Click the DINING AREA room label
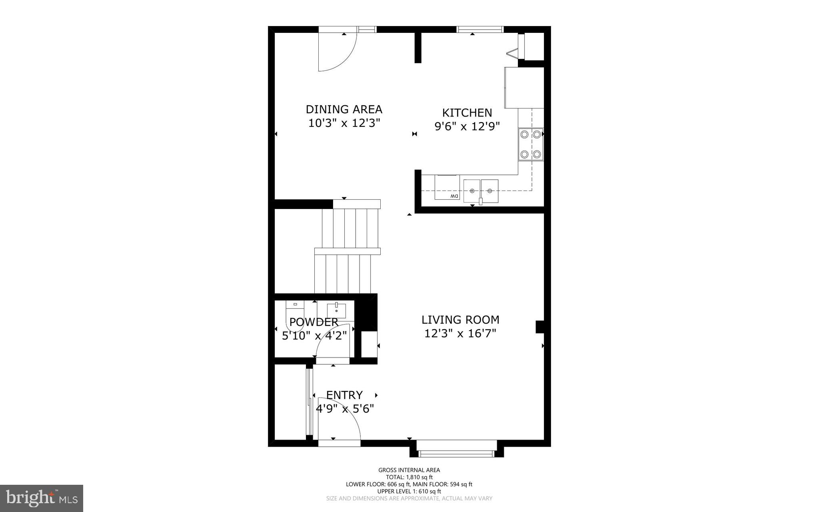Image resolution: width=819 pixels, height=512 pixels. click(x=344, y=109)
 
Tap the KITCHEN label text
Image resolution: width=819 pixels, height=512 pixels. click(x=467, y=113)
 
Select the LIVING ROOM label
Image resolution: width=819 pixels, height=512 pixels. click(x=460, y=320)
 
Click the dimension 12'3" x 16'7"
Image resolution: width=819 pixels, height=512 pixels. click(x=460, y=333)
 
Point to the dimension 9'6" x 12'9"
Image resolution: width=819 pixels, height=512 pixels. click(x=467, y=127)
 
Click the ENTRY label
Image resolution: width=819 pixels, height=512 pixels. click(x=344, y=395)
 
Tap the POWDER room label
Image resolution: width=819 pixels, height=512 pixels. click(x=314, y=322)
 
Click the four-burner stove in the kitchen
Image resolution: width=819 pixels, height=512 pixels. click(x=531, y=145)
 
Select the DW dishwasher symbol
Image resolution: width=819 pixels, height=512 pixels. click(x=447, y=187)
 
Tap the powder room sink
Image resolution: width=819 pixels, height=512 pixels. click(x=336, y=310)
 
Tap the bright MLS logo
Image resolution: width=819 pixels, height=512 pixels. click(x=42, y=498)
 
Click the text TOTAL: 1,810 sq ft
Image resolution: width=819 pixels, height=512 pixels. click(x=409, y=477)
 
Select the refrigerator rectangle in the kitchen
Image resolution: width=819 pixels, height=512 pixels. click(x=524, y=88)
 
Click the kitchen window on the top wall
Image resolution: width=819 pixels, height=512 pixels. click(x=480, y=29)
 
